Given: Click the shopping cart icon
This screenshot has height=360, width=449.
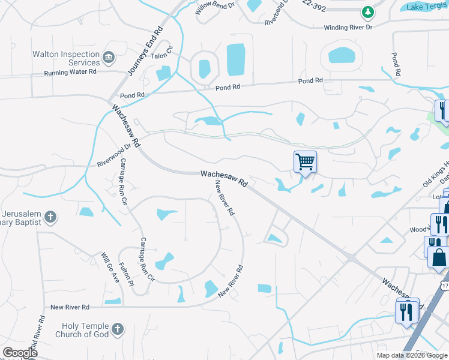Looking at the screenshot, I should click(x=305, y=161).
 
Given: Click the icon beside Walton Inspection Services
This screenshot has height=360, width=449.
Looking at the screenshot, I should click(x=109, y=58).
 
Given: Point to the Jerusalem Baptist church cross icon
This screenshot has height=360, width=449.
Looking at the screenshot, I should click(x=50, y=217).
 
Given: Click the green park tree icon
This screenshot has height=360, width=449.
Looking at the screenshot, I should click(x=367, y=11).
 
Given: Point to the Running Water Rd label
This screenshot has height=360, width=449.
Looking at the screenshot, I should click(x=70, y=72).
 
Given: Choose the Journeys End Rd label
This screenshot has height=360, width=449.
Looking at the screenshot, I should click(x=146, y=52).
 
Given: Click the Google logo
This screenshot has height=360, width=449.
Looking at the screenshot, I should click(x=20, y=353).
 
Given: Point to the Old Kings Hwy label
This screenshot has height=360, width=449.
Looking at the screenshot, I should click(x=436, y=175).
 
